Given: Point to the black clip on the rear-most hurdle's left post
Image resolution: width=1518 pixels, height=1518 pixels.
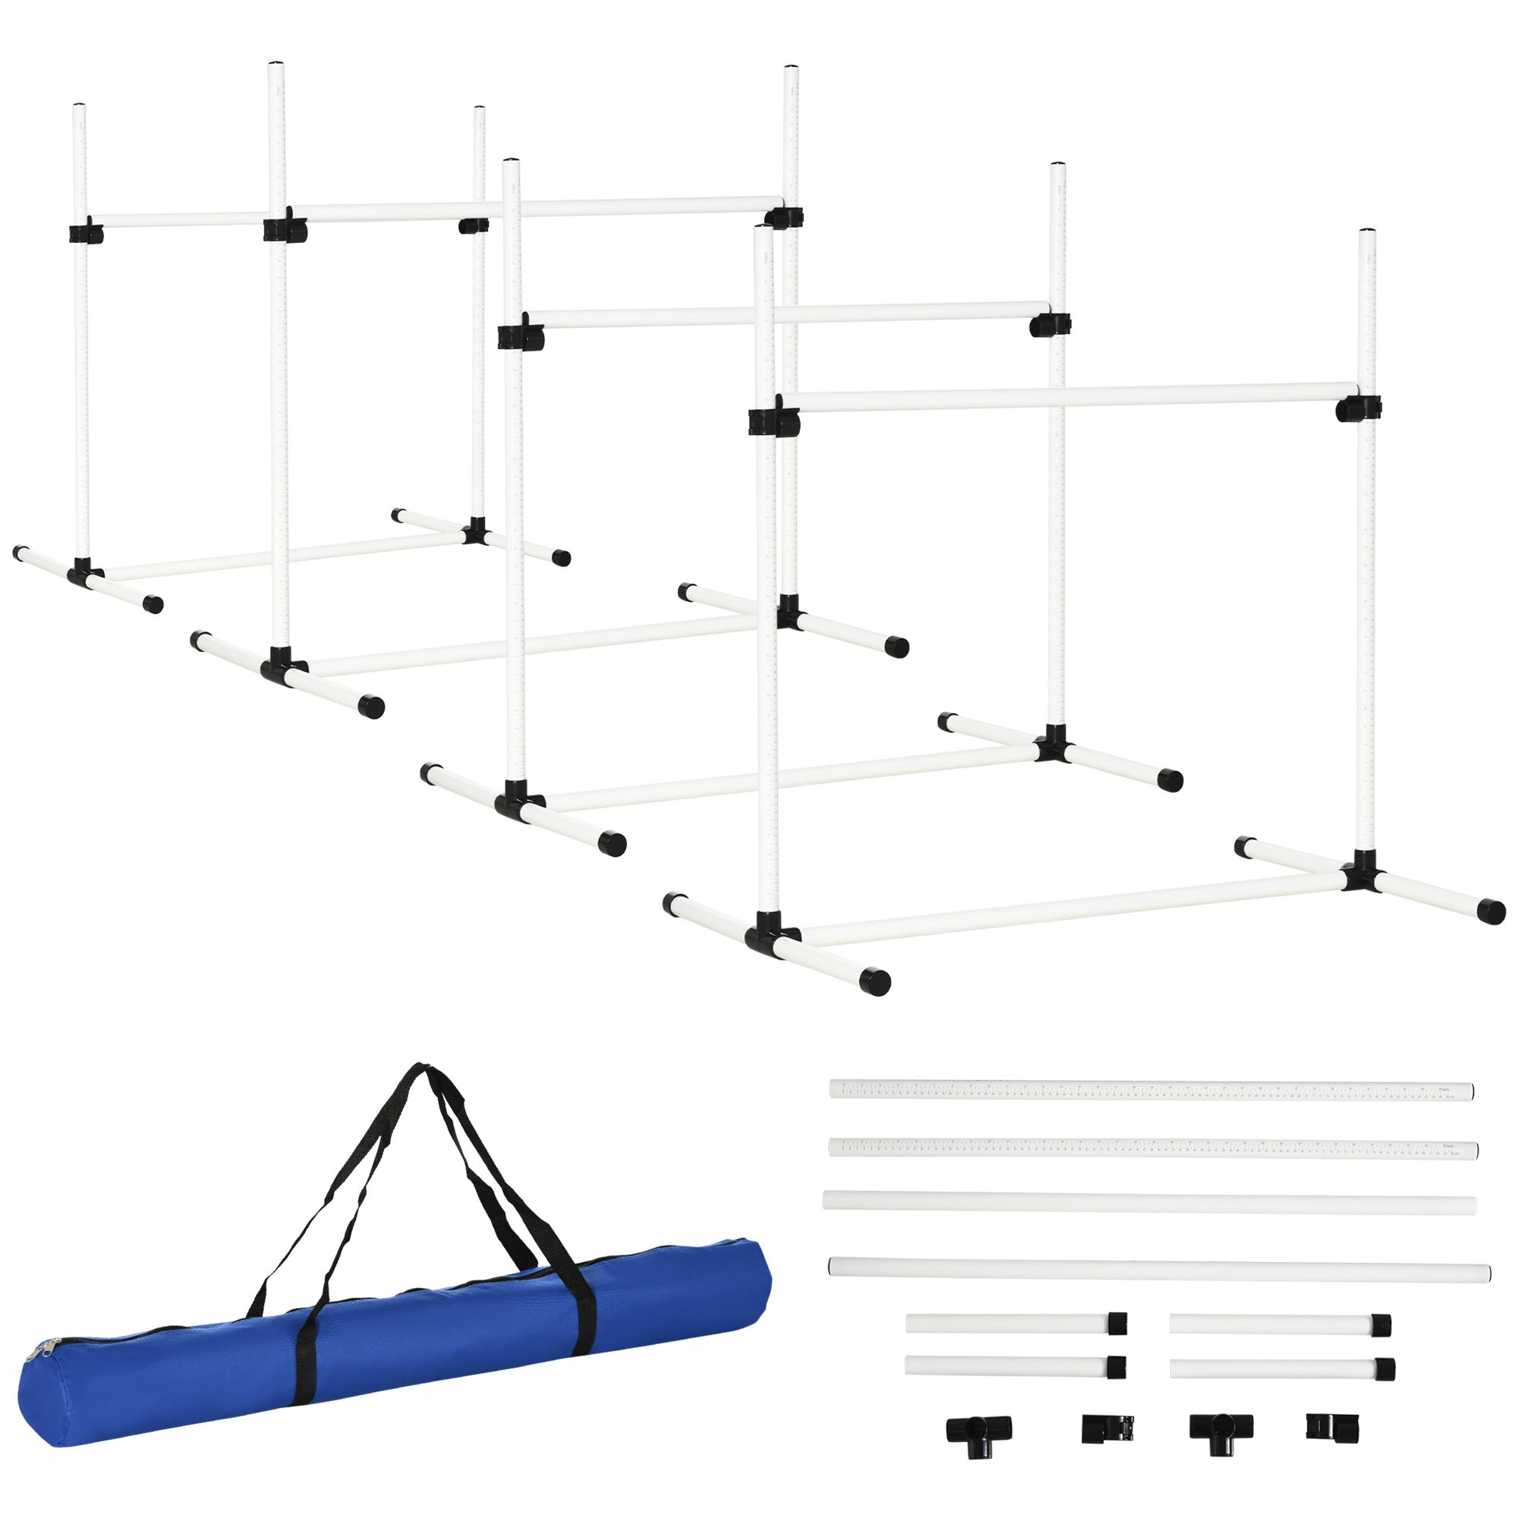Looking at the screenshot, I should [85, 233].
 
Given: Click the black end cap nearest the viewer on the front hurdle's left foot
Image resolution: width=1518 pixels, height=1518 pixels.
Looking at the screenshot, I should [874, 981].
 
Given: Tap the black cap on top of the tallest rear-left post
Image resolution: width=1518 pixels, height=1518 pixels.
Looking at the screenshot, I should [276, 65].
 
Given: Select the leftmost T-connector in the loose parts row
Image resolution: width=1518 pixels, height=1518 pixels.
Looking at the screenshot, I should [978, 1428].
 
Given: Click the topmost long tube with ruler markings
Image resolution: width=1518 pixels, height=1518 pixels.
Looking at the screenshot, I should [1151, 1090].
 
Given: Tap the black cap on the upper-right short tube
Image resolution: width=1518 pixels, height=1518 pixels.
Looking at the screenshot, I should [1381, 1324].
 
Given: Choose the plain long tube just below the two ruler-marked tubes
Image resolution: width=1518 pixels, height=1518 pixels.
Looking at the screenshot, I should [1149, 1205].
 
